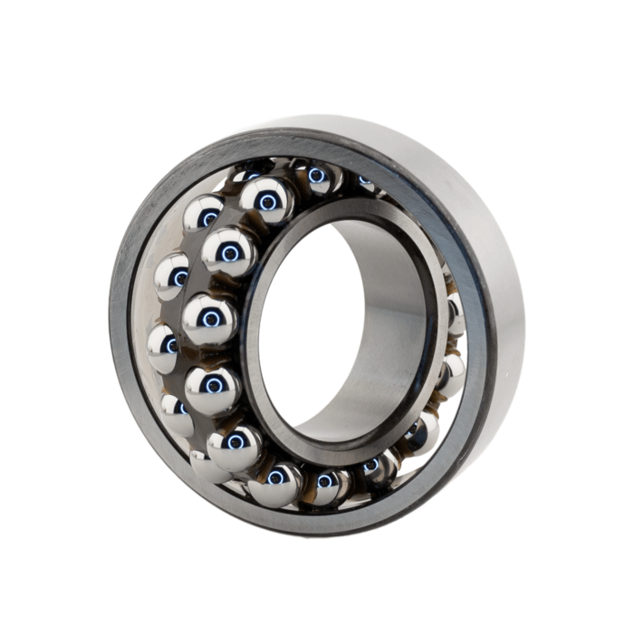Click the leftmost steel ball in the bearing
pyautogui.click(x=164, y=345)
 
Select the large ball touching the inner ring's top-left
pyautogui.click(x=228, y=251)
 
